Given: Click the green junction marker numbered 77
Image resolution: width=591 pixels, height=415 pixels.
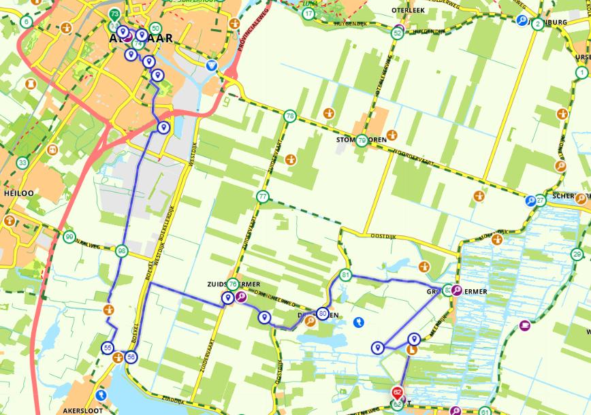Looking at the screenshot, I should click(263, 197).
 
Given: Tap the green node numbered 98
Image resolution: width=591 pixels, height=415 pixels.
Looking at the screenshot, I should click(122, 251).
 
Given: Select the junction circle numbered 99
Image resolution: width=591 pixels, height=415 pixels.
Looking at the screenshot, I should click(69, 237).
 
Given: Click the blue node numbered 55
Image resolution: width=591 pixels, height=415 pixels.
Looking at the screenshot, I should click(108, 348).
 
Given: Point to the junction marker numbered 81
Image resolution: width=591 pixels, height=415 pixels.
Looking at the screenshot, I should click(346, 276).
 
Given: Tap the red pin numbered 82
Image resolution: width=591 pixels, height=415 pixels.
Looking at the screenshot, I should click(398, 393).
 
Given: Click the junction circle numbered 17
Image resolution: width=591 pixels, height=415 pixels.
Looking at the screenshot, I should click(310, 14).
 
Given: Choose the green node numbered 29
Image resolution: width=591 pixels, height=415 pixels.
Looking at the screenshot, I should click(577, 254).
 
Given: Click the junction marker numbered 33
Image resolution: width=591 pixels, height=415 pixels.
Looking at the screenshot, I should click(23, 163).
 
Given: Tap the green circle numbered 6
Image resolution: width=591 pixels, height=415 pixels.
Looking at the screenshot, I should click(27, 21).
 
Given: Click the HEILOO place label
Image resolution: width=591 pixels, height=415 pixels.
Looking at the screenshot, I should click(18, 193).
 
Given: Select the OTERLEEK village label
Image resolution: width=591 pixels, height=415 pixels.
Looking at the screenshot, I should click(409, 11).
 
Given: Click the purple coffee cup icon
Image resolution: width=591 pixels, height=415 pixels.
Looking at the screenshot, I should click(524, 326).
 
